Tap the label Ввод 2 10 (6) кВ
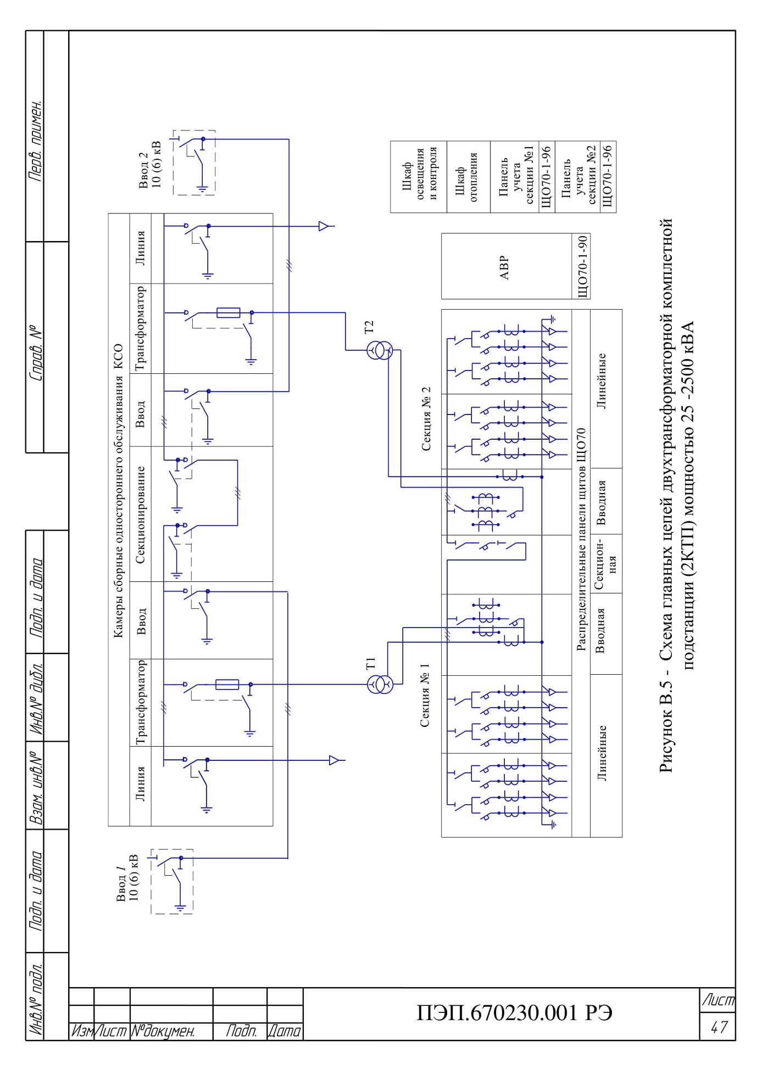coord(150,165)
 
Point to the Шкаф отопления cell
coord(468,177)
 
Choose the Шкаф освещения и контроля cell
coord(419,177)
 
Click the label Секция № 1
coord(425,695)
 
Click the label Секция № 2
coord(426,419)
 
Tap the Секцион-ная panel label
coord(606,564)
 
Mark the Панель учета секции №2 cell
coord(578,177)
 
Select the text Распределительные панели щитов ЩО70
coord(581,540)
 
